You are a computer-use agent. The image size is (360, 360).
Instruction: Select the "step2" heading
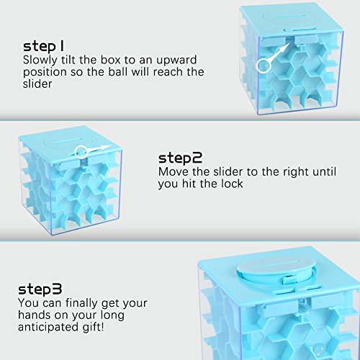click(181, 157)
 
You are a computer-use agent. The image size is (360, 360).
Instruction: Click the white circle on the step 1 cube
click(264, 65)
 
